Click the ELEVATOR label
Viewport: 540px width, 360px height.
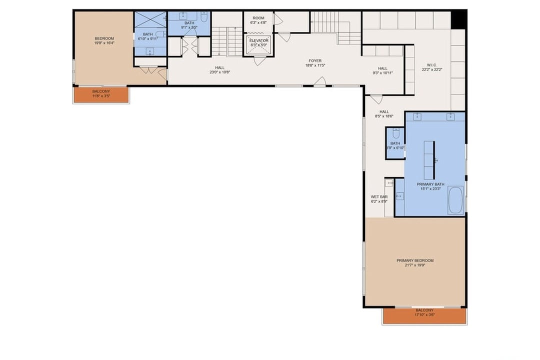pyautogui.click(x=259, y=40)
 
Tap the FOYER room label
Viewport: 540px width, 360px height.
pyautogui.click(x=315, y=60)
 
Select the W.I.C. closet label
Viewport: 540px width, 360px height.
pyautogui.click(x=432, y=64)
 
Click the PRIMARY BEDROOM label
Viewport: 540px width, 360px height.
pyautogui.click(x=414, y=260)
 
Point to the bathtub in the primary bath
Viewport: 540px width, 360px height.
pyautogui.click(x=455, y=200)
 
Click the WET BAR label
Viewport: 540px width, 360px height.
pyautogui.click(x=379, y=197)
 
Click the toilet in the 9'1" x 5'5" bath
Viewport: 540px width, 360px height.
pyautogui.click(x=204, y=18)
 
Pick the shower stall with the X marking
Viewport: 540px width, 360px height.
pyautogui.click(x=150, y=20)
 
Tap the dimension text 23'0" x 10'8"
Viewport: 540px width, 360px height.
pyautogui.click(x=219, y=72)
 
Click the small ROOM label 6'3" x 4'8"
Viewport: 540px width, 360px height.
pyautogui.click(x=258, y=18)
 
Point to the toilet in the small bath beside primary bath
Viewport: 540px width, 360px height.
pyautogui.click(x=395, y=134)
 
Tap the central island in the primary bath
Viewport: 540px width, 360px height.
pyautogui.click(x=429, y=160)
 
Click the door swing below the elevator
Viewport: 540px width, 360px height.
pyautogui.click(x=259, y=61)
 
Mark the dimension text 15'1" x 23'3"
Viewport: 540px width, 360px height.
pyautogui.click(x=430, y=189)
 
